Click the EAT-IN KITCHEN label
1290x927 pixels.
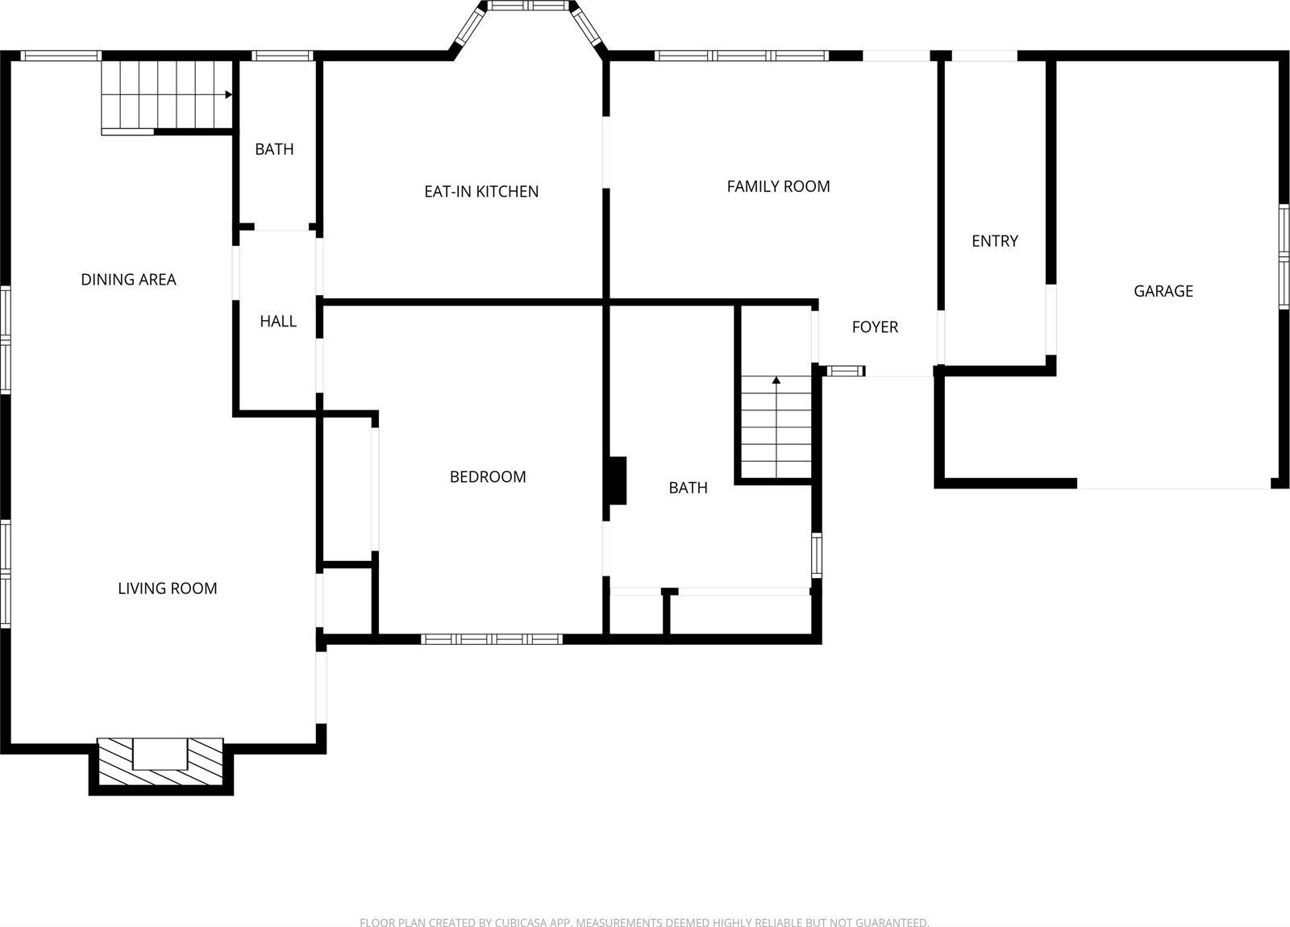(x=481, y=192)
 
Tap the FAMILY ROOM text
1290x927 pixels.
(x=778, y=187)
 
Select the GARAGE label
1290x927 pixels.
(x=1163, y=292)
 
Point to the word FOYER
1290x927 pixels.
(x=875, y=327)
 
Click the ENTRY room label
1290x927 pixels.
(x=994, y=241)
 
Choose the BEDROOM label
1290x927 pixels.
(x=488, y=477)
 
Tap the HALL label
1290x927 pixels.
(x=278, y=322)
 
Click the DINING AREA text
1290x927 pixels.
(x=128, y=280)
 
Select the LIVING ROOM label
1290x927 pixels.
(x=168, y=588)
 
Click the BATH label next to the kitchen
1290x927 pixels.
(x=274, y=149)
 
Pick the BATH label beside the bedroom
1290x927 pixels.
(x=688, y=488)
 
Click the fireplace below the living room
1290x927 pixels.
(x=160, y=763)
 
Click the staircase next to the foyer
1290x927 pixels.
(x=776, y=427)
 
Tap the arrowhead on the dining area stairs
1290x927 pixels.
(x=229, y=95)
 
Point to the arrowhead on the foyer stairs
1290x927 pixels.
(x=776, y=379)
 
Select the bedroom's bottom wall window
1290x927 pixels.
(x=492, y=639)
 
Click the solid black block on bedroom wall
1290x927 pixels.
(x=617, y=481)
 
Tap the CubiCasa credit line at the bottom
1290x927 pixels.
(x=644, y=922)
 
